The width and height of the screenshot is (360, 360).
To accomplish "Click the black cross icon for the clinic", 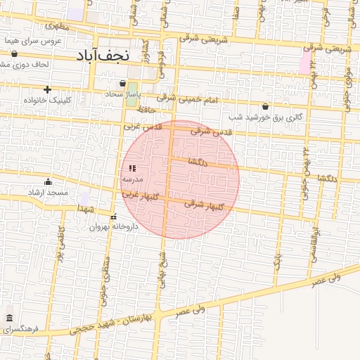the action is pos(47,89).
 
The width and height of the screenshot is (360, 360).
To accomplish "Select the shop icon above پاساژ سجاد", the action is pos(123,83).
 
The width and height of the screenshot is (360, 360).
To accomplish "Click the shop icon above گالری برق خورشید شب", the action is pos(265,106).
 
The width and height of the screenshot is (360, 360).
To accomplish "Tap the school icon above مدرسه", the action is pos(132,168).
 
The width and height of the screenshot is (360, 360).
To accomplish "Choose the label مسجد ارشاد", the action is pos(49,192).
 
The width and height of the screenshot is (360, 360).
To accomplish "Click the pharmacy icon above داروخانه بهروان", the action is pos(114,217).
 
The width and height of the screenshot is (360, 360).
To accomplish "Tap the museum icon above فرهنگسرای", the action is pos(9,318).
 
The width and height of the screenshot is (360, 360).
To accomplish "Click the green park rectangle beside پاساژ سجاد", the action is pos(132,91).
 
